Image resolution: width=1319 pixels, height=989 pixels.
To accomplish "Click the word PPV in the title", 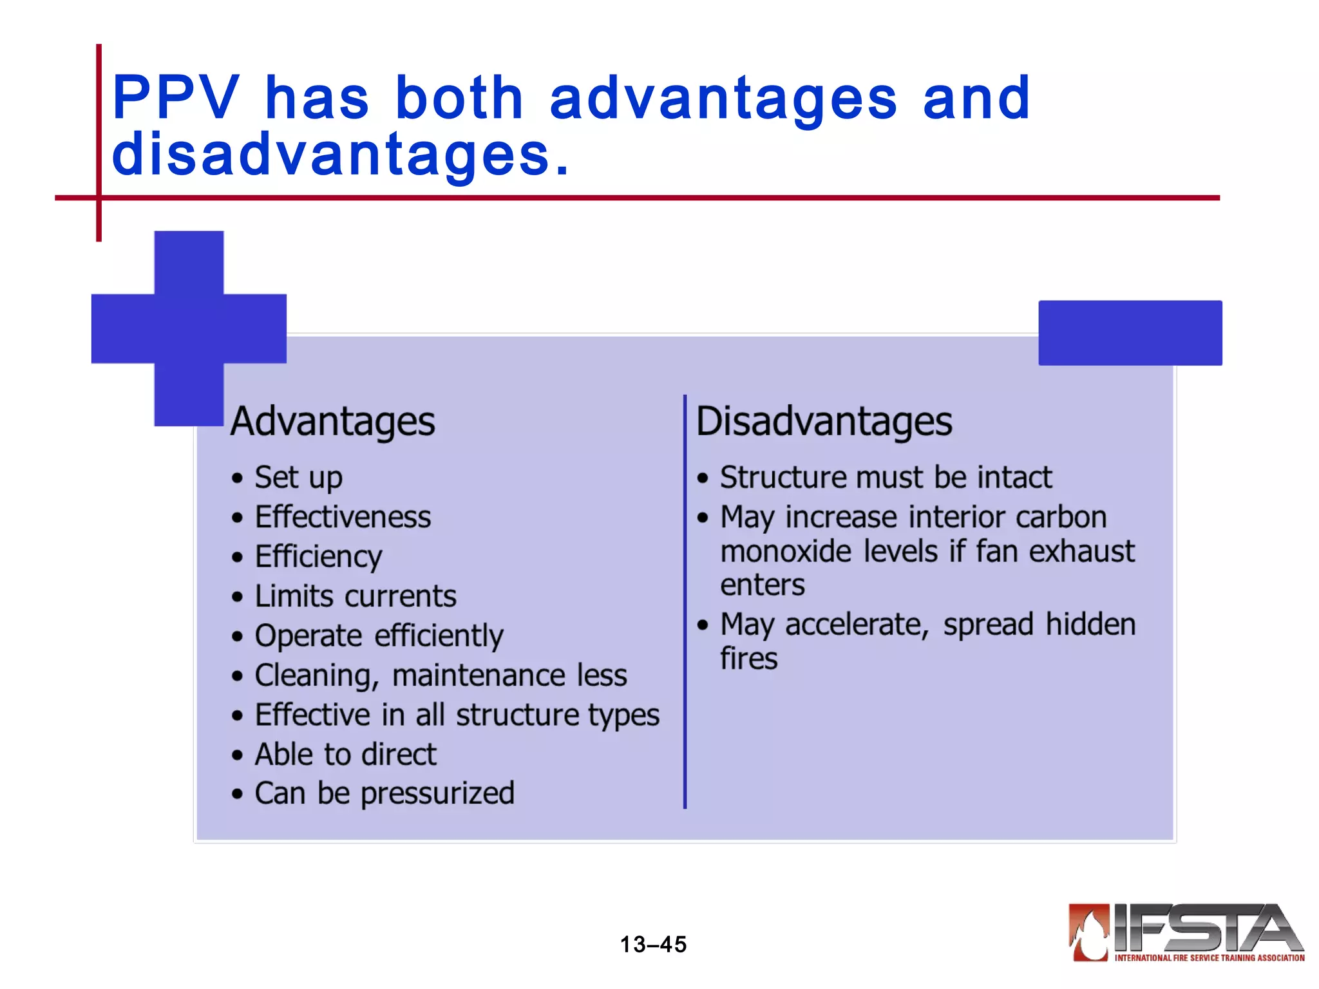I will click(x=175, y=98).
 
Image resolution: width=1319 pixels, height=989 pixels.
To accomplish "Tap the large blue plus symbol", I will click(x=189, y=328).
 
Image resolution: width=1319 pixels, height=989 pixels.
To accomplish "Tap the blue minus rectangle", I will click(x=1130, y=333).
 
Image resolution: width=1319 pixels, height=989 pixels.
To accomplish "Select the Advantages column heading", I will click(x=332, y=422).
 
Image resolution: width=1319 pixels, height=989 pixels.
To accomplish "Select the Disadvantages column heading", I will click(x=824, y=422).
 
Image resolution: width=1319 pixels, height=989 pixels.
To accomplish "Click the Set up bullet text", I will click(x=298, y=478).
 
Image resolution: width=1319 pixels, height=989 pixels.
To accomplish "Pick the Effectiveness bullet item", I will click(x=343, y=517).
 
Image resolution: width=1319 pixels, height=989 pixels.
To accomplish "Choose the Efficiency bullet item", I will click(x=318, y=557).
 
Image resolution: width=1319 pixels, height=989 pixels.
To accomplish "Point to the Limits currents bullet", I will click(x=355, y=596).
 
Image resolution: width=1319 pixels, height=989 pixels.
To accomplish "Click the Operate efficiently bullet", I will click(x=379, y=636).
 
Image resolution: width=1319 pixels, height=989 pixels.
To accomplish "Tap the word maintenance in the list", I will click(x=478, y=675).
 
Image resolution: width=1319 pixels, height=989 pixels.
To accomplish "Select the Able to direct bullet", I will click(x=345, y=755).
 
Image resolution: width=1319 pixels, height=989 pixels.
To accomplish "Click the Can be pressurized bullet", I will click(x=384, y=793).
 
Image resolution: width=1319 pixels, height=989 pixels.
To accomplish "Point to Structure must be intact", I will click(x=886, y=478).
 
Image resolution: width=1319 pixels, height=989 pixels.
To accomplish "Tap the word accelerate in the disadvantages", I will click(x=857, y=625).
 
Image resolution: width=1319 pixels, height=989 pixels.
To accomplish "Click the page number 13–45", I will click(x=653, y=945).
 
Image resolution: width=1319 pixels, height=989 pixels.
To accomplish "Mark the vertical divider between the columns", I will click(x=685, y=602).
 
